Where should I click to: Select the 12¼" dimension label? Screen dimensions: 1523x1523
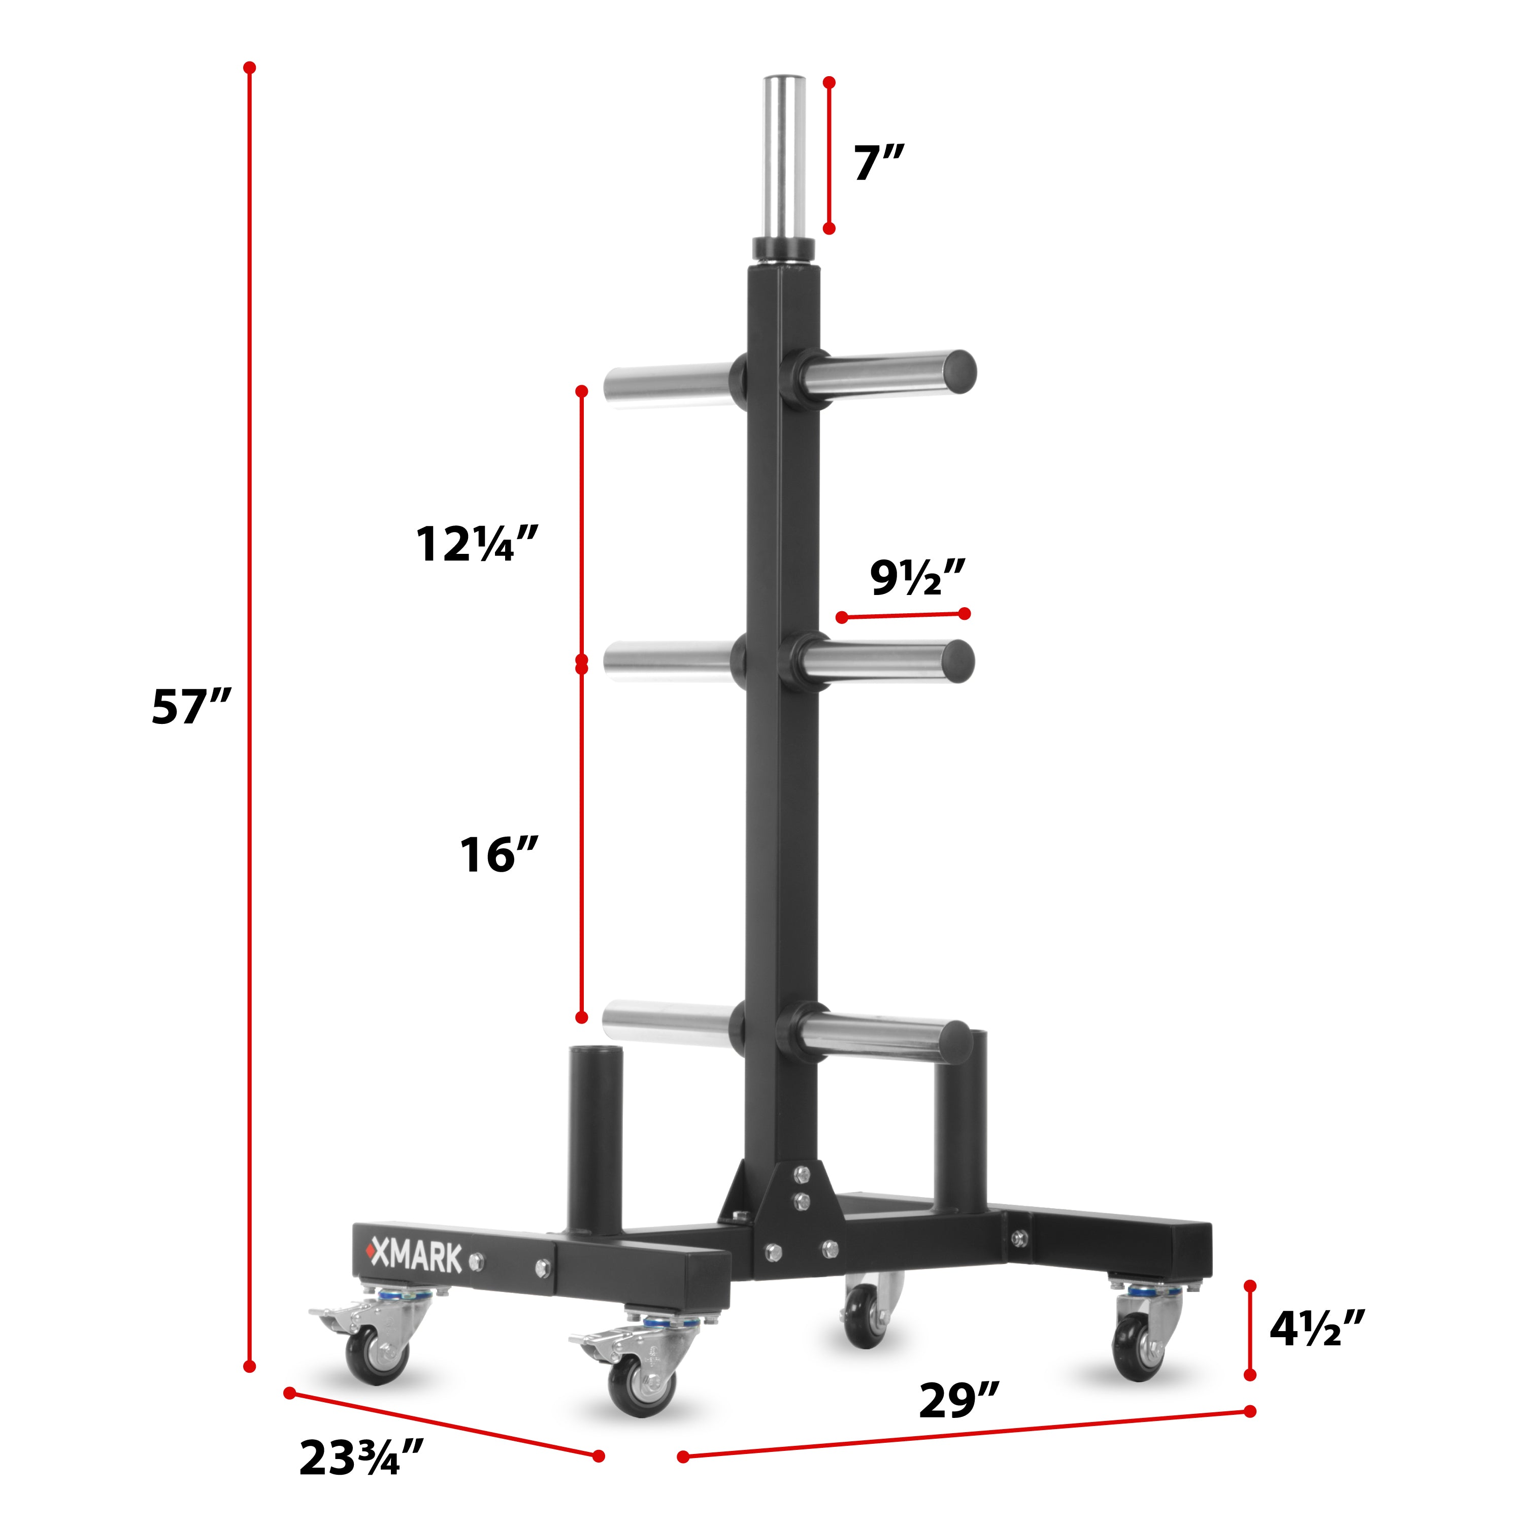(x=476, y=544)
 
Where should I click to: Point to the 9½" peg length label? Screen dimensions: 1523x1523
(x=917, y=578)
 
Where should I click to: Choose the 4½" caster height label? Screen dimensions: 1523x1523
(x=1316, y=1328)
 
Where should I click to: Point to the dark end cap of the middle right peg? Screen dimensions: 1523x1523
(x=958, y=660)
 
